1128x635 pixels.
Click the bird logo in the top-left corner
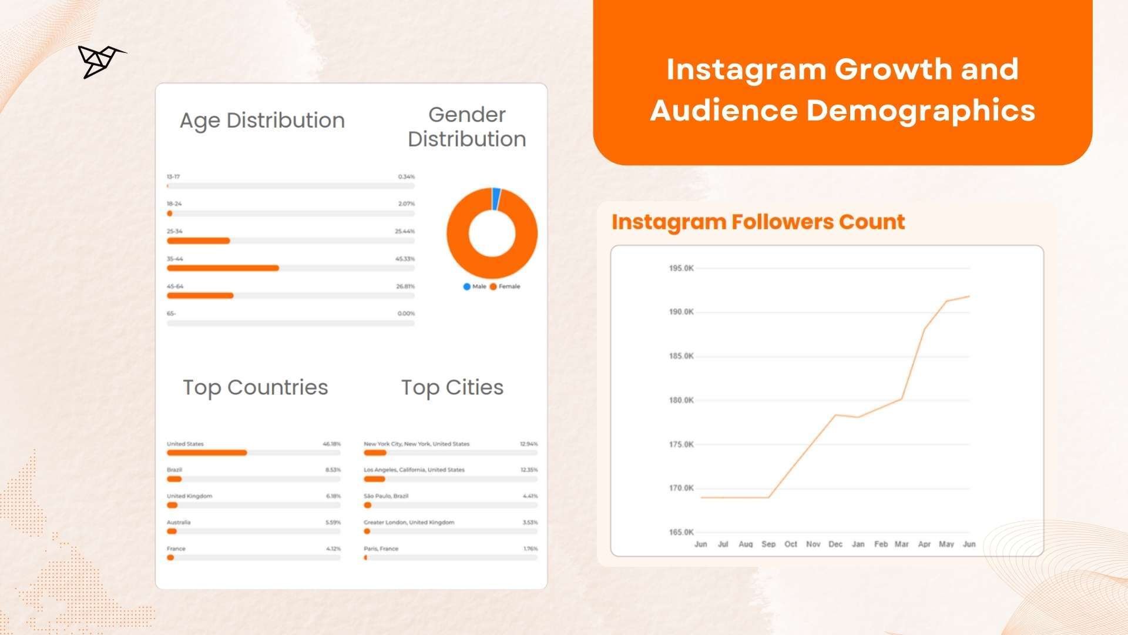(100, 61)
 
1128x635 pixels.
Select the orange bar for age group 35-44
(223, 268)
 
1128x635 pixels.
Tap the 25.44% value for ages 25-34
(405, 232)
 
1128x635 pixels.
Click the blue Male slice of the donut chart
(496, 198)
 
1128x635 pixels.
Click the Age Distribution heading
(262, 121)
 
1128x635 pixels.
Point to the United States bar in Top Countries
(207, 453)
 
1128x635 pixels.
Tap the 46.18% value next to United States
(331, 444)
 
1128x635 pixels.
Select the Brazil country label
(174, 470)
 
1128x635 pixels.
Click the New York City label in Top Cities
(417, 444)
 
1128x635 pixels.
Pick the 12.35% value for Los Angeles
(529, 470)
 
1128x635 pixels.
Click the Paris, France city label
(381, 549)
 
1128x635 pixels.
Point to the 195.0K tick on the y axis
(681, 268)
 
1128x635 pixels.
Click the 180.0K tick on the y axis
(681, 400)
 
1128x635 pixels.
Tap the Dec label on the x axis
(835, 544)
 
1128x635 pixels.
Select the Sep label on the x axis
(768, 544)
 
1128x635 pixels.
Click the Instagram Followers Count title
(758, 222)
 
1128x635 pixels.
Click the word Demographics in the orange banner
(921, 111)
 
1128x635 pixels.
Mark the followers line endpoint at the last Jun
(969, 296)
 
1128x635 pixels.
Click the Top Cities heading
(452, 388)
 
